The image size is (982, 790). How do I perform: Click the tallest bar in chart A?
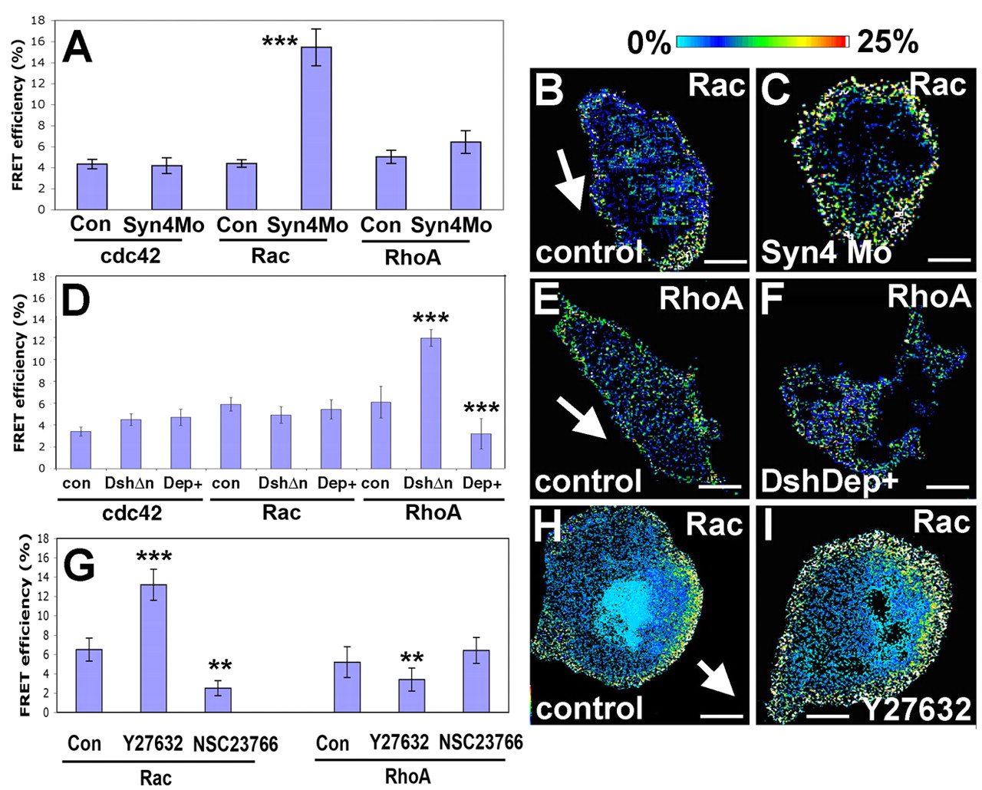[x=316, y=127]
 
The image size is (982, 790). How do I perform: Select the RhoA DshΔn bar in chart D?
[x=430, y=403]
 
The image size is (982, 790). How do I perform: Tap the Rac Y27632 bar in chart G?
[x=153, y=648]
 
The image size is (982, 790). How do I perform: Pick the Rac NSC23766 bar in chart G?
[x=219, y=699]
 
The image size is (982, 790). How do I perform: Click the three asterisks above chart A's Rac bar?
[x=280, y=42]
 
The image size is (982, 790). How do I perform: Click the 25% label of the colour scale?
[x=888, y=42]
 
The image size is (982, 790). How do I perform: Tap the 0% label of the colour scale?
[x=649, y=43]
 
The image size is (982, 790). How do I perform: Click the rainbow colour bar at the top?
[x=763, y=41]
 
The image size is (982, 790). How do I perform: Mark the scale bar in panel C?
[x=949, y=260]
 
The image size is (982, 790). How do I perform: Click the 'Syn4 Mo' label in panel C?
[x=825, y=252]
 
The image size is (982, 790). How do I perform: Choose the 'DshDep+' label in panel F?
[x=829, y=481]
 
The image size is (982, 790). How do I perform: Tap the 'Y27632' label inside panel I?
[x=916, y=709]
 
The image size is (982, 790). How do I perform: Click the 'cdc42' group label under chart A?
[x=130, y=255]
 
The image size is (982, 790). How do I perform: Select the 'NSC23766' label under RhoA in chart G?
[x=480, y=742]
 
